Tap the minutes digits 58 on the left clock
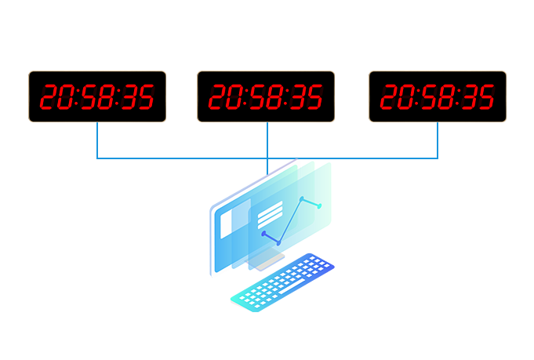pos(96,97)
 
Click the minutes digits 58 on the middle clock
pos(264,97)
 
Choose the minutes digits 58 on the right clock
pos(436,97)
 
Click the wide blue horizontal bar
pos(267,141)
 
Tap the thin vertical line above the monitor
pos(267,166)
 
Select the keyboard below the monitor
pos(282,281)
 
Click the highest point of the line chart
pos(302,198)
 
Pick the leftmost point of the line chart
pos(263,233)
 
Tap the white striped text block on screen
pos(270,214)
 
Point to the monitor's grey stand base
pos(269,263)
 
